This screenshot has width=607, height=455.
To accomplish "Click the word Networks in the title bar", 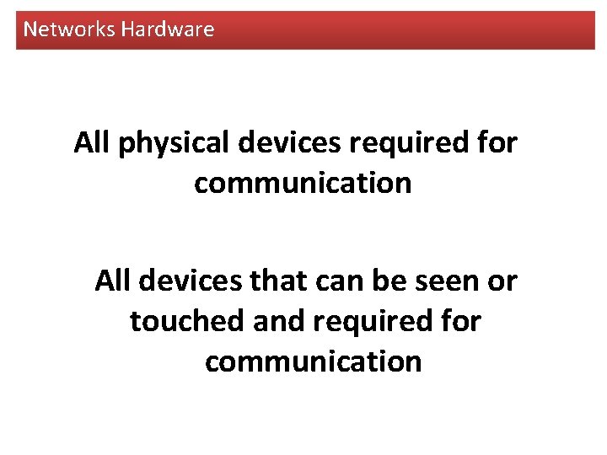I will tap(69, 29).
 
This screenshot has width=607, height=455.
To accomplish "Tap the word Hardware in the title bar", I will tap(168, 29).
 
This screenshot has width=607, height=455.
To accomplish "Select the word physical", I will tap(174, 144).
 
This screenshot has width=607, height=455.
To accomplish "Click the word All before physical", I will tap(93, 142).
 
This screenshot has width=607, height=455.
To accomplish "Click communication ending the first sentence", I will tap(303, 183).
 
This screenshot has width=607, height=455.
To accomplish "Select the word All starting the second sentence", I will tap(114, 281).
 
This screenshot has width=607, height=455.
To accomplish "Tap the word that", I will tap(276, 281).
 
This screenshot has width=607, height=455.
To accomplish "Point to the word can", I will tap(338, 281).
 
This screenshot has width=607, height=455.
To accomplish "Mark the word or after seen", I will tap(502, 281).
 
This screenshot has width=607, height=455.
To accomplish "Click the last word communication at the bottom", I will tap(313, 361).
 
